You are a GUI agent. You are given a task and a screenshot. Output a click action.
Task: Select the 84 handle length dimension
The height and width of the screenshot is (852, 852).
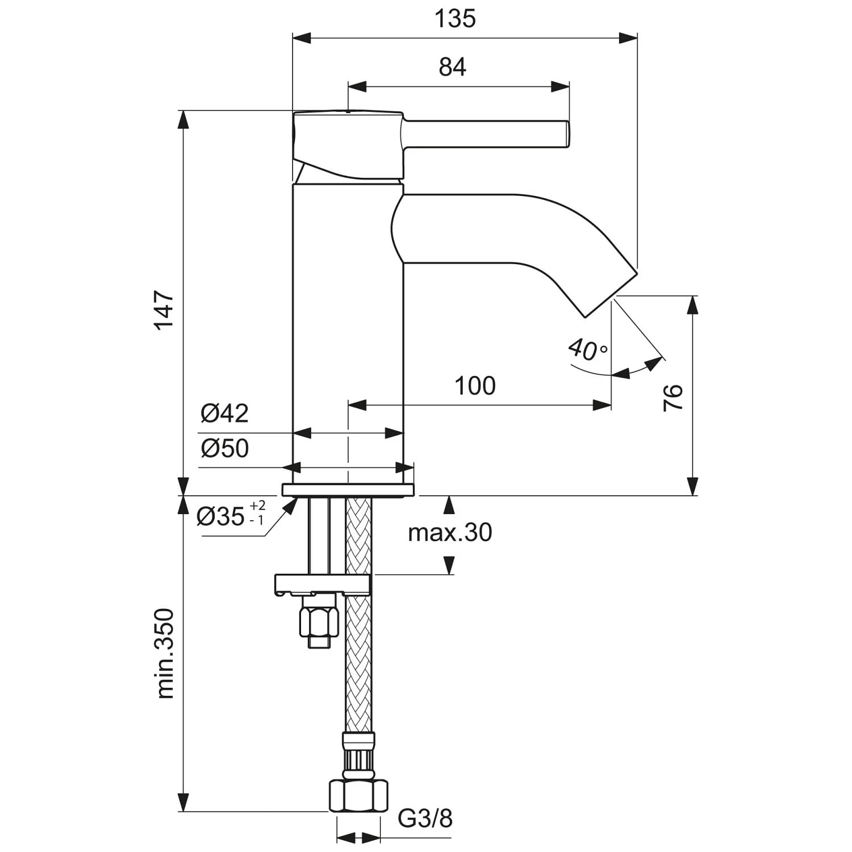(452, 67)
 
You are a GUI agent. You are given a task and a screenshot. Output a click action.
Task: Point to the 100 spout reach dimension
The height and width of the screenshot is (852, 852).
(475, 386)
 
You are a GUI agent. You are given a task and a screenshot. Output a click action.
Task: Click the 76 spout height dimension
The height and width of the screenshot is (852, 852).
(673, 397)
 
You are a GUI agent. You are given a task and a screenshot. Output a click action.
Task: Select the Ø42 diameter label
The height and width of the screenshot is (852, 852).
(225, 414)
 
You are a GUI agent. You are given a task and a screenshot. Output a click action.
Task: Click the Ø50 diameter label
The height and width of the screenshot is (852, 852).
(225, 449)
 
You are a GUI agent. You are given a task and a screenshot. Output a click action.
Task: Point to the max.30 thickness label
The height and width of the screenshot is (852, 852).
(450, 533)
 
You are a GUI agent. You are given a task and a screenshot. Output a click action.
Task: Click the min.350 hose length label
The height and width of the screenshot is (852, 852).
(165, 653)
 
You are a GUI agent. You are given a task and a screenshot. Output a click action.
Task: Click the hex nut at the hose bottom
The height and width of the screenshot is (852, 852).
(358, 796)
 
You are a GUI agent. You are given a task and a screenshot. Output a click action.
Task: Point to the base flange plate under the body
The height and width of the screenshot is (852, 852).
(348, 490)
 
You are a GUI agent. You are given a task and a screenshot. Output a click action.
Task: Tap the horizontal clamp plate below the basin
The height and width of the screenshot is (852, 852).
(322, 584)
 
